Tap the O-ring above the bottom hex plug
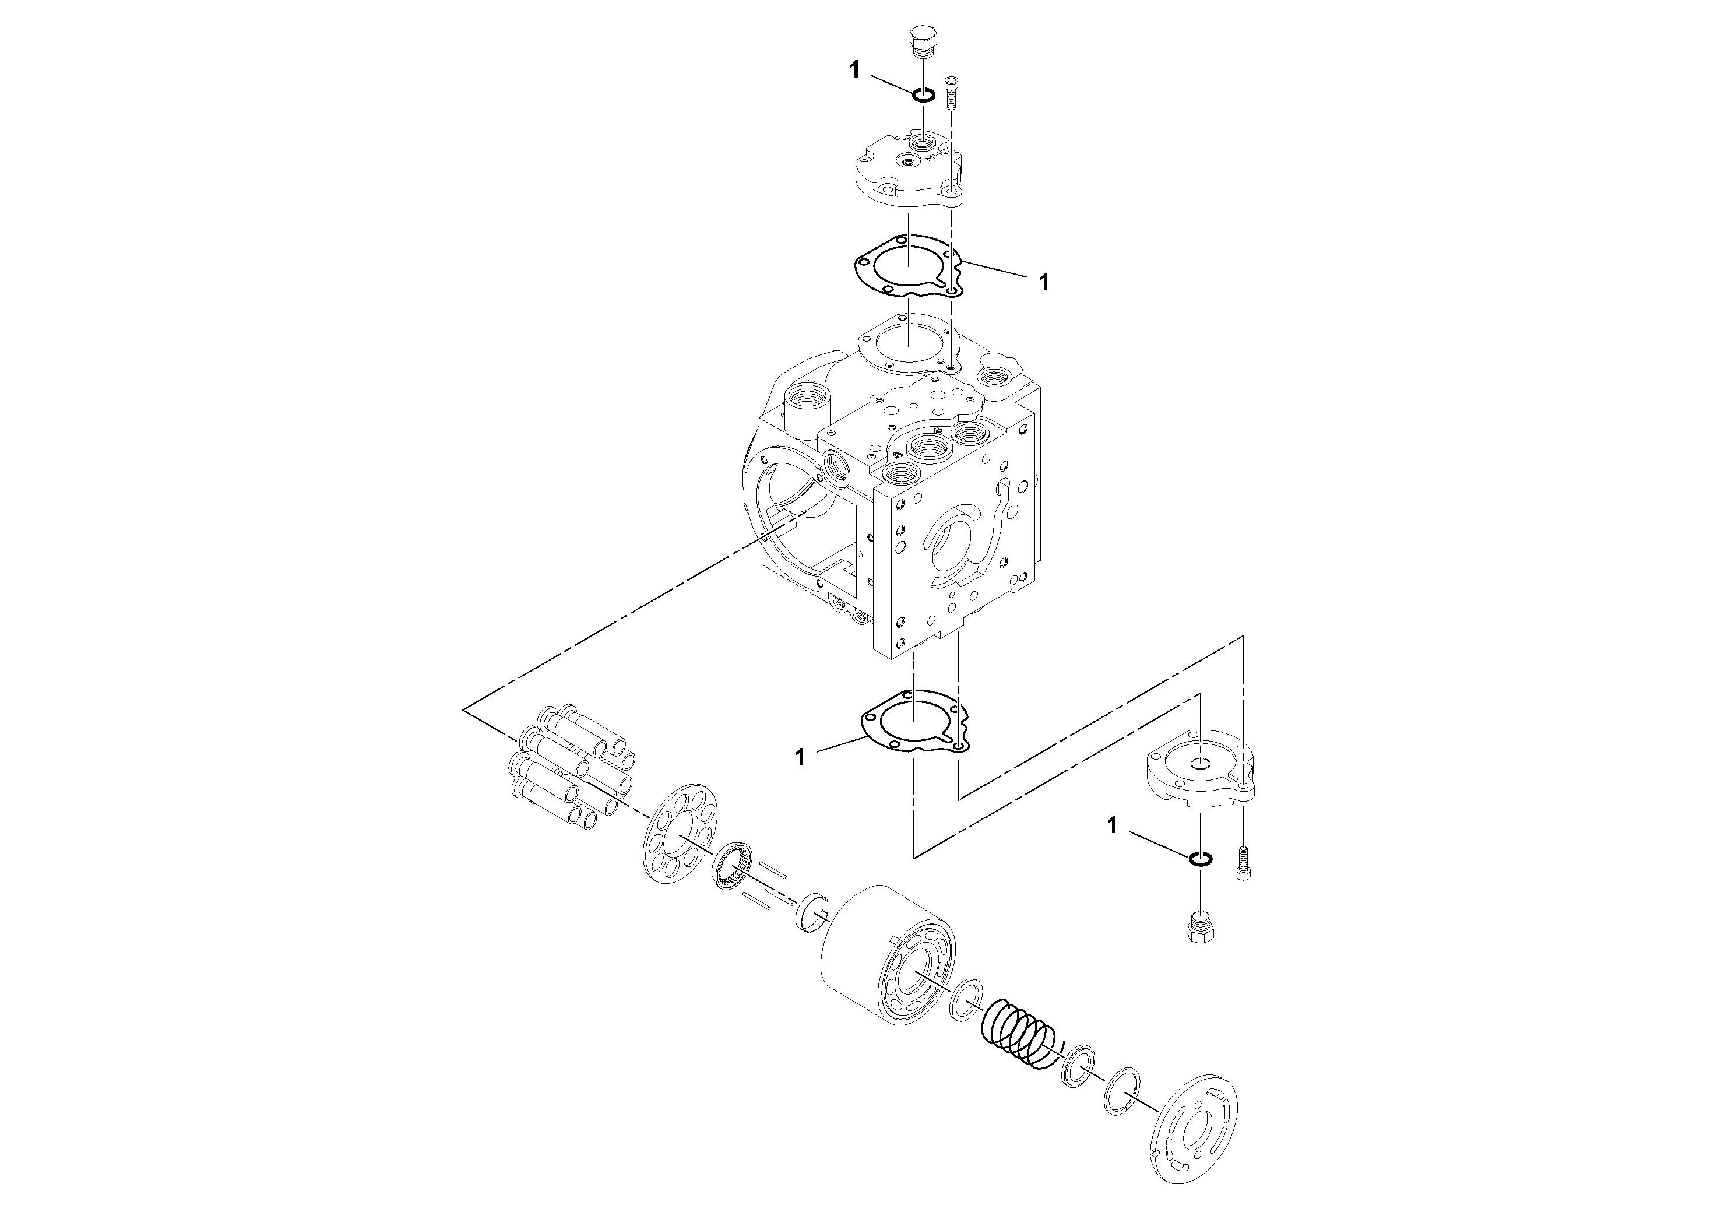[1201, 859]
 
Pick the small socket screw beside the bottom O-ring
[1243, 863]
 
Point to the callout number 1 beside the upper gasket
[1044, 283]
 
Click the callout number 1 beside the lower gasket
[800, 757]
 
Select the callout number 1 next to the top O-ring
[854, 71]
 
